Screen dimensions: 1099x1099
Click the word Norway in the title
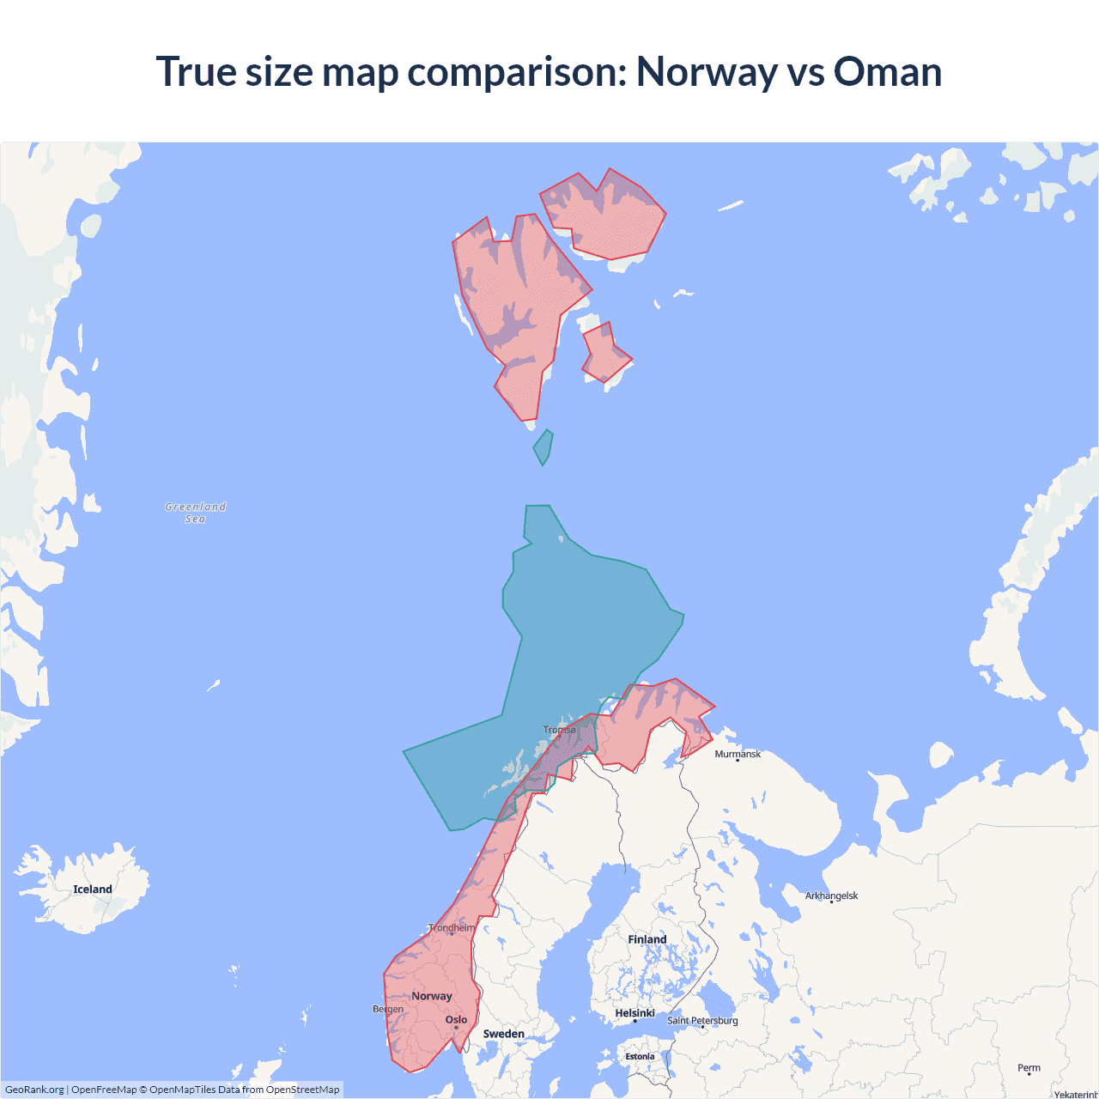tap(706, 71)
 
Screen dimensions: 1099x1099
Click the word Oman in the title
tap(887, 71)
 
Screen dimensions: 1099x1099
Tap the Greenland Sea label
tap(195, 513)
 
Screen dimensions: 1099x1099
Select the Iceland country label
tap(93, 890)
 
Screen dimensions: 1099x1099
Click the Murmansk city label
tap(738, 754)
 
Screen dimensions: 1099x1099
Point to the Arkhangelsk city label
tap(831, 896)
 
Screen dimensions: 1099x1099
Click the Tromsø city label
tap(560, 730)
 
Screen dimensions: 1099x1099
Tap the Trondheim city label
tap(452, 928)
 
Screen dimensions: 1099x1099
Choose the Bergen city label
tap(388, 1009)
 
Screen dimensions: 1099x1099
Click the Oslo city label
tap(456, 1020)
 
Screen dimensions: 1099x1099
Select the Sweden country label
tap(503, 1034)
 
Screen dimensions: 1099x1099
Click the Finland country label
tap(647, 939)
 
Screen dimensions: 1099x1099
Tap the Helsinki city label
tap(635, 1013)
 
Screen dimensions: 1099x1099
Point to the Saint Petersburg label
tap(702, 1020)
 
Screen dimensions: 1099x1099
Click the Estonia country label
tap(640, 1057)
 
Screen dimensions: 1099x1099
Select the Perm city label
tap(1029, 1068)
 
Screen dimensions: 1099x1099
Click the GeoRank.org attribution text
tap(34, 1090)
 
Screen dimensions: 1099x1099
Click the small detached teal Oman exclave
tap(543, 447)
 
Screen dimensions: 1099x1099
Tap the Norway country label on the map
tap(431, 996)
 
